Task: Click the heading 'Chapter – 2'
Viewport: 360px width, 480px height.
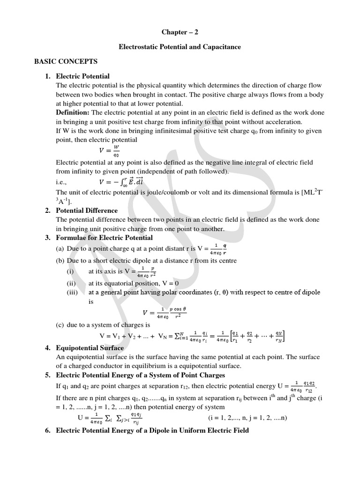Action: (x=180, y=32)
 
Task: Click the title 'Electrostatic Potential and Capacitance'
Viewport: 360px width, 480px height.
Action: (x=180, y=47)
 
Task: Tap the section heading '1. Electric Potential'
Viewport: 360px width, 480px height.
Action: (x=82, y=76)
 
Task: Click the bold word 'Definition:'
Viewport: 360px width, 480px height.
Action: (x=73, y=113)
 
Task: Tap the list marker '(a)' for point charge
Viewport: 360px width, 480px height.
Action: (x=60, y=248)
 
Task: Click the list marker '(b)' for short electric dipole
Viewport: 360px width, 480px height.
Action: (x=60, y=261)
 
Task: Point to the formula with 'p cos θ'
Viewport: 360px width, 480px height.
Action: (x=164, y=313)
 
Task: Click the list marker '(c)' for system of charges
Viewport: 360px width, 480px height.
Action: (x=60, y=324)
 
